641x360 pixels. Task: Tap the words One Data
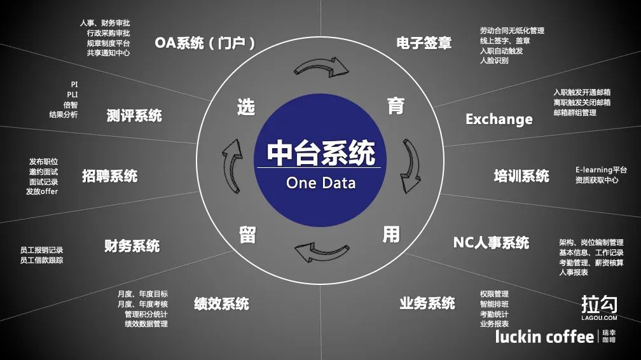[321, 183]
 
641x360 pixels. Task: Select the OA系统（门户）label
[205, 43]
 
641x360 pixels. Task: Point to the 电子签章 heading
[424, 43]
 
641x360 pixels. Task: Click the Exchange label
[499, 119]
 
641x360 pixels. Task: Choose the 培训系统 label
[521, 176]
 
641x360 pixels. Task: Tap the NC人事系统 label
[491, 242]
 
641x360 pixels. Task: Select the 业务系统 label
[427, 303]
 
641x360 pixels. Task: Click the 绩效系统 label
[221, 303]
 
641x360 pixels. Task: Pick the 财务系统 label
[132, 246]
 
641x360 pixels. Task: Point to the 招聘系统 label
[109, 176]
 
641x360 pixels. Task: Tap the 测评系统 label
[134, 115]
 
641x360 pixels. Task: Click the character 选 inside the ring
[246, 107]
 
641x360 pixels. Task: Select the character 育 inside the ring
[396, 106]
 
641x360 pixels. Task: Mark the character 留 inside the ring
[247, 235]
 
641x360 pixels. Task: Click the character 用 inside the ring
[391, 235]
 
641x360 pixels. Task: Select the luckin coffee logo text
[544, 336]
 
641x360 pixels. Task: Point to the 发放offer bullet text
[42, 191]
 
